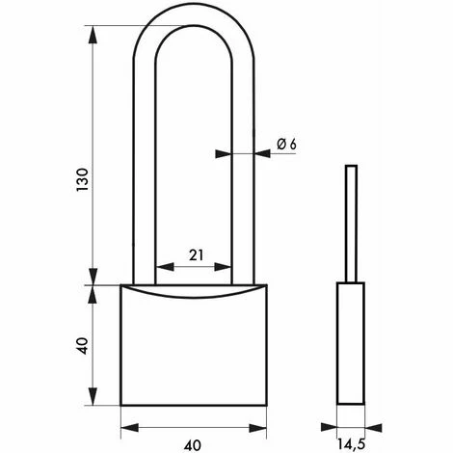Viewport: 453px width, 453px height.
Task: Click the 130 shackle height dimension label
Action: (82, 179)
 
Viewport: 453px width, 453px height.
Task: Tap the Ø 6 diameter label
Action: (286, 145)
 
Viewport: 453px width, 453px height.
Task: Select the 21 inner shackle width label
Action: (196, 255)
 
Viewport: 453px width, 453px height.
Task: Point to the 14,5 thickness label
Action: (351, 444)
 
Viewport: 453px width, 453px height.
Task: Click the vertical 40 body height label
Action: (83, 346)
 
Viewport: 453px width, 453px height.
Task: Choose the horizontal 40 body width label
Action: (193, 445)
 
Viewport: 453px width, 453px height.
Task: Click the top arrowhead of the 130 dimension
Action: (93, 34)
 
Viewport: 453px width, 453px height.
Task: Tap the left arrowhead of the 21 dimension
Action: (165, 267)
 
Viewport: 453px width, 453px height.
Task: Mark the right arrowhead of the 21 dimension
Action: (223, 267)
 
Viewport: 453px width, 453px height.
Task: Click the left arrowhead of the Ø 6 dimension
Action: (224, 154)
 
